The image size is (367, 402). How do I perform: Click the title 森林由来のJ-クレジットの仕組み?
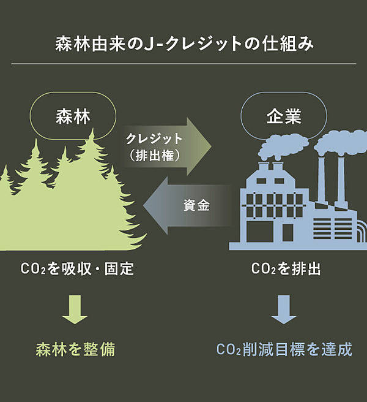pyautogui.click(x=183, y=45)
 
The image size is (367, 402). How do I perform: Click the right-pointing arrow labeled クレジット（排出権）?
pyautogui.click(x=165, y=146)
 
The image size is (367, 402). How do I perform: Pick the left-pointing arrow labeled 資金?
pyautogui.click(x=190, y=206)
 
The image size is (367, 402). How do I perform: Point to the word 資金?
pyautogui.click(x=196, y=206)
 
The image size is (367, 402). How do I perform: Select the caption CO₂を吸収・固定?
pyautogui.click(x=76, y=269)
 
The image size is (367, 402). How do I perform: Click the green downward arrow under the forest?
pyautogui.click(x=75, y=309)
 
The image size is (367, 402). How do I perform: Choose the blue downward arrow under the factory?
pyautogui.click(x=284, y=309)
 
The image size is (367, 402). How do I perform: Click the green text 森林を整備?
pyautogui.click(x=75, y=350)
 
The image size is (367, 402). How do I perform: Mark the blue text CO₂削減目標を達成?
pyautogui.click(x=284, y=350)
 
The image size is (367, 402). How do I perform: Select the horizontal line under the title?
pyautogui.click(x=183, y=64)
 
